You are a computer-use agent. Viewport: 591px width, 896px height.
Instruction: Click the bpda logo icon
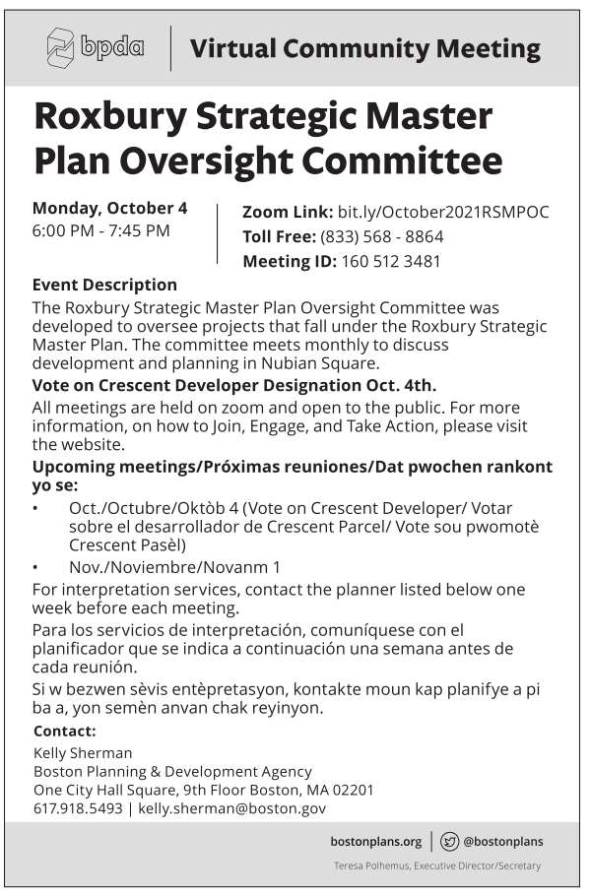61,48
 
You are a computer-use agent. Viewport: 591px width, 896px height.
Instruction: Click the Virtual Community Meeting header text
364,49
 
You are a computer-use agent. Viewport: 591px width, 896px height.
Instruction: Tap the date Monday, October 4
109,208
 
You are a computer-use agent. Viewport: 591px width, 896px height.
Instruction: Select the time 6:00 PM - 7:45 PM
100,231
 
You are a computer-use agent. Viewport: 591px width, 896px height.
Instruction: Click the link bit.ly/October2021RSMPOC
442,212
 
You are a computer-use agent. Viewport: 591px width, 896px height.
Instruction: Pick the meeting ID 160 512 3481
391,262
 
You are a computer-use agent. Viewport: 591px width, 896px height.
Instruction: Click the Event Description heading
104,286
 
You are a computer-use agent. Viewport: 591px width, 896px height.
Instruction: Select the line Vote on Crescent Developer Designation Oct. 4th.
233,385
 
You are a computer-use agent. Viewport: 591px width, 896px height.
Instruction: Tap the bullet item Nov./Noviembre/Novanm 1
174,567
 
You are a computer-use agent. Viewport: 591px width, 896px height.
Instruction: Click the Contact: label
64,732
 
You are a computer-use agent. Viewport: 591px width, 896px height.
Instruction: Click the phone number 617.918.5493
78,808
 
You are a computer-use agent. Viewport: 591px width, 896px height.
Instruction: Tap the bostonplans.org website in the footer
375,842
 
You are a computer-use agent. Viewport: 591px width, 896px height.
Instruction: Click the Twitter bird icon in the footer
449,842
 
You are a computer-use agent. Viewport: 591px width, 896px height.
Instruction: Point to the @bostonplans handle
502,842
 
